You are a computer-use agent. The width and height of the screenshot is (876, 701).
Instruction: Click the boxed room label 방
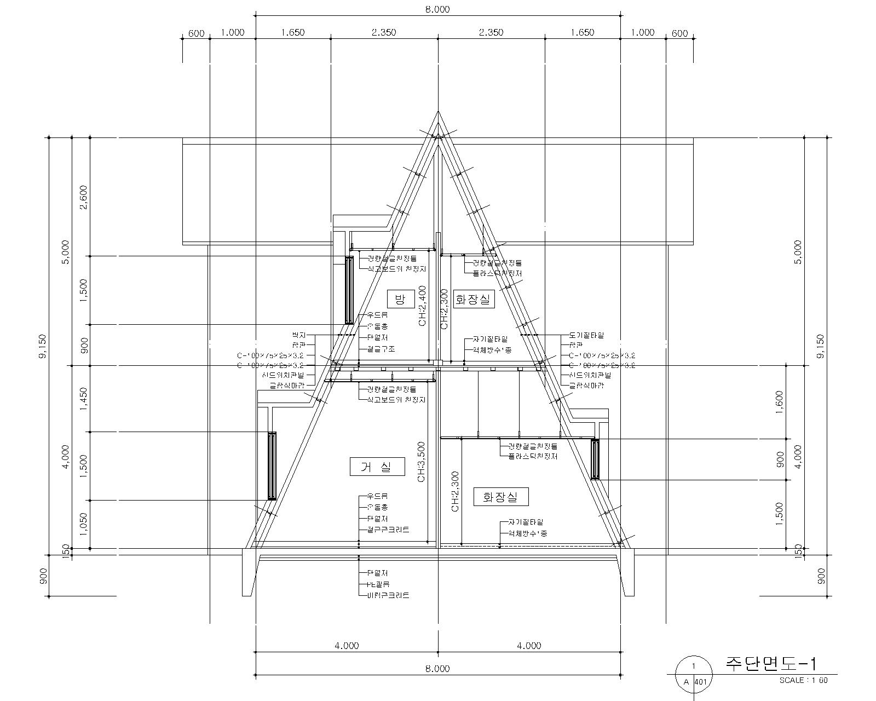(x=401, y=299)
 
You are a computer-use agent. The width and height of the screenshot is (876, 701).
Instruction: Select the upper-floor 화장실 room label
(x=475, y=300)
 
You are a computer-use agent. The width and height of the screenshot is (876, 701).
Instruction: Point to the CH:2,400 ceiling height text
(x=422, y=306)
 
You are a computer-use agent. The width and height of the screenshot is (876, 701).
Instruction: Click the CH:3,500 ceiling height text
(x=421, y=462)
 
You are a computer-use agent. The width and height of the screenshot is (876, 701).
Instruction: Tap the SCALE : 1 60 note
(x=803, y=680)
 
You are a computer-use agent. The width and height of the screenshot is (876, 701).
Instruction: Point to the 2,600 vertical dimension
(x=84, y=197)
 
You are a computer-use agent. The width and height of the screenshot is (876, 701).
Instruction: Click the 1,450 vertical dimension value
(x=84, y=399)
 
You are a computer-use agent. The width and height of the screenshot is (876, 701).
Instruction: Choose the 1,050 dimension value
(x=84, y=524)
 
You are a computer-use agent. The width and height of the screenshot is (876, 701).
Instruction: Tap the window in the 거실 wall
(x=272, y=466)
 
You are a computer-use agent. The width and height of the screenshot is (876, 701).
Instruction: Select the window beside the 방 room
(x=349, y=290)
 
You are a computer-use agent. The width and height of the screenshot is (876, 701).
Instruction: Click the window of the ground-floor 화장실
(x=595, y=459)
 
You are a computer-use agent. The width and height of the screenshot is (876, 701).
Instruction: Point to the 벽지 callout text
(x=299, y=335)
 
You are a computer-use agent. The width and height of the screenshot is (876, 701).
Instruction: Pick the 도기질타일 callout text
(x=586, y=335)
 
